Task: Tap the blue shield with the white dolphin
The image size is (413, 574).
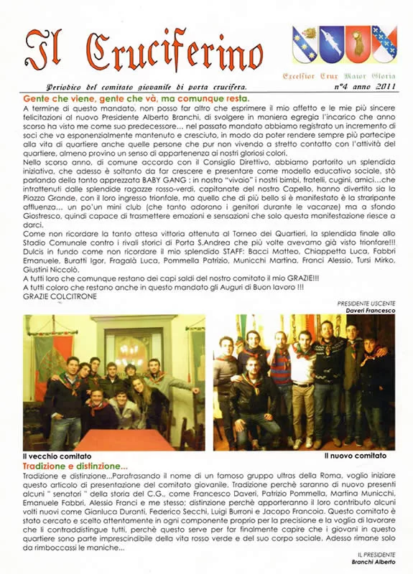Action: coord(331,44)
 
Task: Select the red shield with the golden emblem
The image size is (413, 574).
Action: coord(357,44)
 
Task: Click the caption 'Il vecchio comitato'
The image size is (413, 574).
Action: coord(57,456)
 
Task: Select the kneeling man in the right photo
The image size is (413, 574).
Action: coord(256,402)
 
